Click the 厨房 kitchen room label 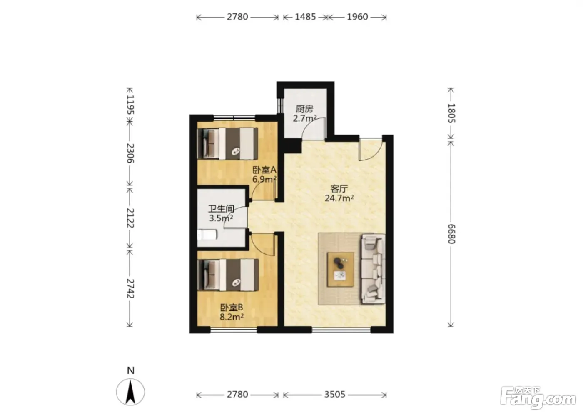coord(304,109)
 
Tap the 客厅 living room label coord(339,188)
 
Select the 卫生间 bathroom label coord(221,208)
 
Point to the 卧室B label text coord(232,307)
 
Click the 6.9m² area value coord(264,179)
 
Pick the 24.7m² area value coord(339,198)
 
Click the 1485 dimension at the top coord(305,17)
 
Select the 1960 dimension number coord(357,17)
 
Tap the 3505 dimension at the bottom coord(334,395)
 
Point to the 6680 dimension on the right coord(451,234)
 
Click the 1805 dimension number coord(451,113)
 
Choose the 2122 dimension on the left coord(130,217)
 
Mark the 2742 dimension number coord(130,288)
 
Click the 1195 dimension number coord(130,105)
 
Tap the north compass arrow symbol coord(130,392)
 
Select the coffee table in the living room coord(341,269)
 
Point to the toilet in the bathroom coord(207,235)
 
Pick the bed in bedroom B coord(228,275)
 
